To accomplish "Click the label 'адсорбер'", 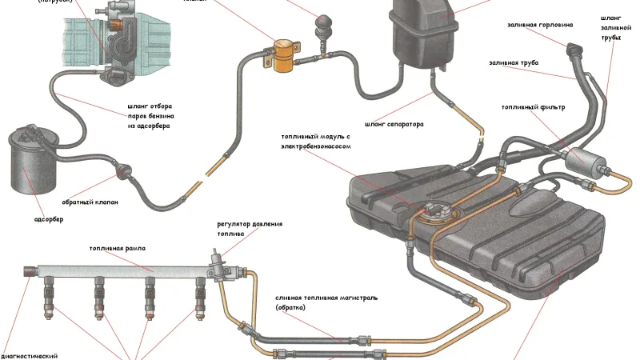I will point(49,219).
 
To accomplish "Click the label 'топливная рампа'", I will point(117,249).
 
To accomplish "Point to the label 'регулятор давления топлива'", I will point(250,230).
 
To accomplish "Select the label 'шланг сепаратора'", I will point(394,124).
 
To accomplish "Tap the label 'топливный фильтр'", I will point(534,107).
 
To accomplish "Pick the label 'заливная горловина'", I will point(540,24).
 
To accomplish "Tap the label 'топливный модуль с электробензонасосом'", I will point(316,142).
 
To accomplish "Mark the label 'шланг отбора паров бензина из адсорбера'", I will point(150,116).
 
